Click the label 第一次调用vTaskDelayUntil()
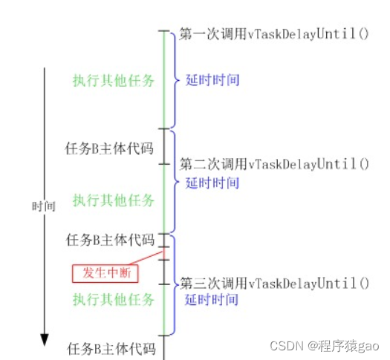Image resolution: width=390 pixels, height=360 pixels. click(274, 35)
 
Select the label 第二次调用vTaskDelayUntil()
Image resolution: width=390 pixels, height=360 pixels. click(274, 163)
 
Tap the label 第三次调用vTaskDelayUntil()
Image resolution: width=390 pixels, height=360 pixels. click(274, 283)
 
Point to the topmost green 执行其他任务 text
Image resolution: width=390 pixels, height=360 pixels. click(114, 81)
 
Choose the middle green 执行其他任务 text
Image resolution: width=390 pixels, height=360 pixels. click(114, 200)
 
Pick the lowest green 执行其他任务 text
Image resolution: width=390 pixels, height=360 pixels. click(114, 300)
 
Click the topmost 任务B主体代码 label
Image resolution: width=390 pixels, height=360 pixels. click(109, 147)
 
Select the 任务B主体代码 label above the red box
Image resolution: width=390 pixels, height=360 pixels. click(109, 240)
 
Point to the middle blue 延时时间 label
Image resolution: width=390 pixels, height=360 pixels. click(212, 183)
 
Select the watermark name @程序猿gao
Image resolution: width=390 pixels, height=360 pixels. click(345, 346)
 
